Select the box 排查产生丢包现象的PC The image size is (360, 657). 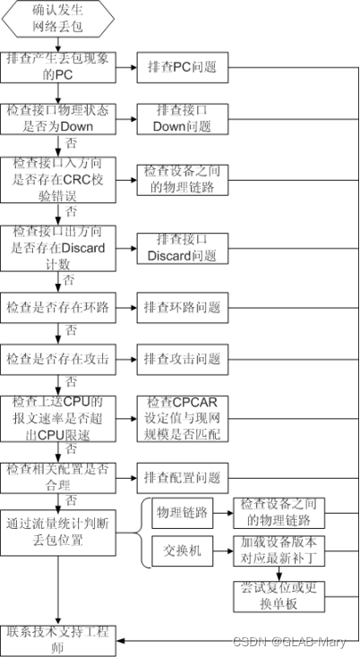[58, 66]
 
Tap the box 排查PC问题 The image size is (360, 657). [181, 66]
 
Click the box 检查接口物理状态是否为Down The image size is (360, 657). [58, 117]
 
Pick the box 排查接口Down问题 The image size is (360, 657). [181, 117]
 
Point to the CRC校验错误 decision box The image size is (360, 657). [58, 177]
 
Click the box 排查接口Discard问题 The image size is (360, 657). [181, 247]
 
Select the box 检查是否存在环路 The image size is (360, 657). [58, 308]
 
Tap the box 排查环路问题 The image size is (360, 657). [181, 308]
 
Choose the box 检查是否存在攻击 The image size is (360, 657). [58, 359]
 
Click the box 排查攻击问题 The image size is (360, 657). [181, 359]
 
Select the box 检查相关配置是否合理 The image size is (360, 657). [58, 476]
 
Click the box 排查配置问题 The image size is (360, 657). [181, 476]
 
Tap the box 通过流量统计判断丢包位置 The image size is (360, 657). [58, 533]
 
